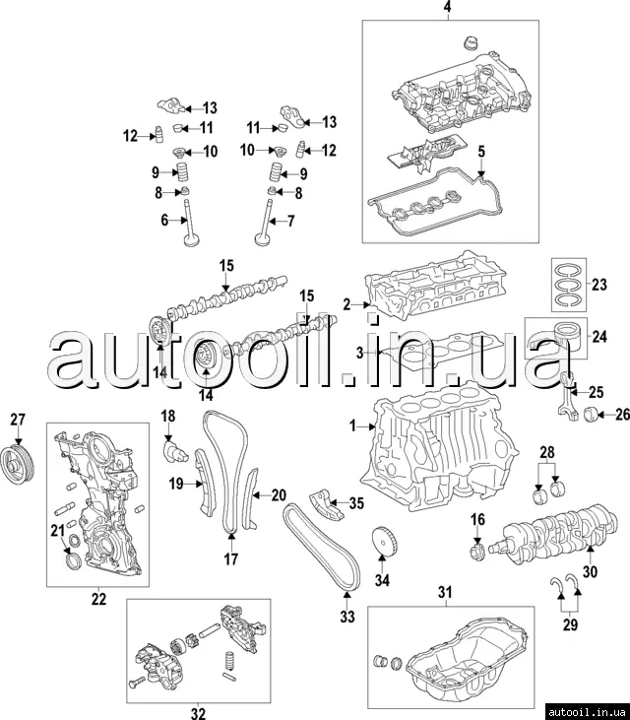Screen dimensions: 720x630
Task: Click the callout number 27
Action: [x=17, y=421]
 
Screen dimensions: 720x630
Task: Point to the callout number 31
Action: [x=443, y=591]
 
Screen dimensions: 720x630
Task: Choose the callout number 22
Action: [x=97, y=598]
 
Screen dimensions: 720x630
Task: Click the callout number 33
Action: [x=346, y=619]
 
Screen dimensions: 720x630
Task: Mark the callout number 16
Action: [x=477, y=519]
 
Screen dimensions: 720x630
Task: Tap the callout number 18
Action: [x=167, y=416]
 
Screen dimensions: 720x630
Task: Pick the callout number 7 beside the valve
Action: [x=290, y=221]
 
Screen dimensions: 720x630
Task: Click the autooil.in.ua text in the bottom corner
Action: [x=587, y=708]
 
